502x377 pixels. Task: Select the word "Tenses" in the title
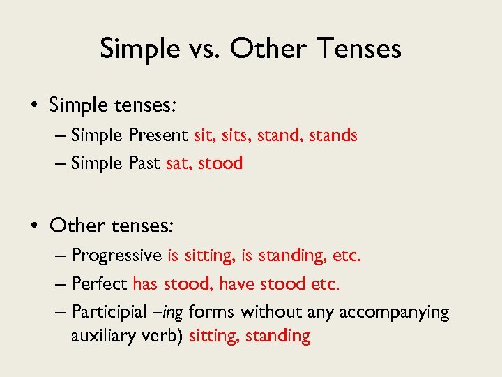pos(360,49)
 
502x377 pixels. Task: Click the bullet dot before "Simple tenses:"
pos(34,106)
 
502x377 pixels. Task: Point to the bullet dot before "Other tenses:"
pos(34,226)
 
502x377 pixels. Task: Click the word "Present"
pos(158,135)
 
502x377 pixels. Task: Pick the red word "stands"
pos(332,135)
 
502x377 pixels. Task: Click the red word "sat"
pos(178,163)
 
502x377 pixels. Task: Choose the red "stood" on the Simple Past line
pos(220,163)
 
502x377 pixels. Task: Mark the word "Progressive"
pos(116,256)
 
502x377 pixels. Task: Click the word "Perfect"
pos(100,284)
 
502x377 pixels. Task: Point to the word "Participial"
pos(108,312)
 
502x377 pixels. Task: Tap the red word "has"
pos(145,284)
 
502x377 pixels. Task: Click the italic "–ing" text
pos(170,312)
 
